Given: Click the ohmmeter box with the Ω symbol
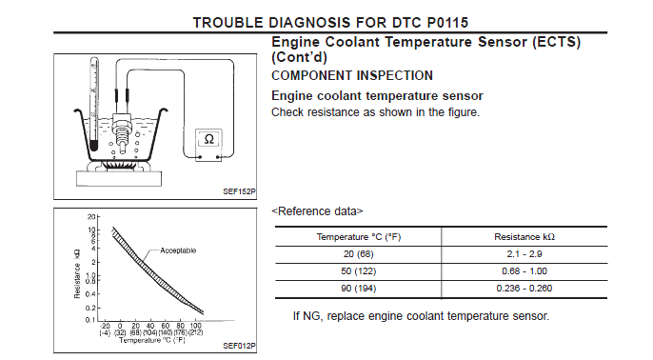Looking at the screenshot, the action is coord(208,145).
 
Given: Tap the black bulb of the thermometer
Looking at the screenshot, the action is coord(93,146).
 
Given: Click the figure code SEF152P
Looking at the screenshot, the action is coord(240,191).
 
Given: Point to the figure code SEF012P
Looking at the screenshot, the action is coord(240,346).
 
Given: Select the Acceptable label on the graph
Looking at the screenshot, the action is coord(178,250).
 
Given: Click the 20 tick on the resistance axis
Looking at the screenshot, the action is coord(91,217).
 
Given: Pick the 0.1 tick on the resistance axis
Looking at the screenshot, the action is coord(90,320).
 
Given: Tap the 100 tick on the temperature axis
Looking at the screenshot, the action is coord(195,326).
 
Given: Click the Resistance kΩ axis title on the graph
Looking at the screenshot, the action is coord(77,273).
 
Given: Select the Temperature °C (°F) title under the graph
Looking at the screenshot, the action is coord(152,340).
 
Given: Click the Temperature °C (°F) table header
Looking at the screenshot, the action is coord(359,237).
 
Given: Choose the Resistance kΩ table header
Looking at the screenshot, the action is coord(524,237).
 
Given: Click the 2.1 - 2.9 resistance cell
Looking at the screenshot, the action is coord(524,254).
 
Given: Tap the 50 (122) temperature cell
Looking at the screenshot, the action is coord(359,271).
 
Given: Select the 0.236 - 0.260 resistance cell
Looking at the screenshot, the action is coord(524,289).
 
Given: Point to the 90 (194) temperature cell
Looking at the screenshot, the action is coord(359,289).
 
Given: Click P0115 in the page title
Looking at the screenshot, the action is coord(447,23).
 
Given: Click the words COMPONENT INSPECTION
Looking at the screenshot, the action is coord(352,75).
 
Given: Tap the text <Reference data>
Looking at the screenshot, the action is coord(317,211).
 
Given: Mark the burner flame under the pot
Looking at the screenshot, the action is coord(118,166).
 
